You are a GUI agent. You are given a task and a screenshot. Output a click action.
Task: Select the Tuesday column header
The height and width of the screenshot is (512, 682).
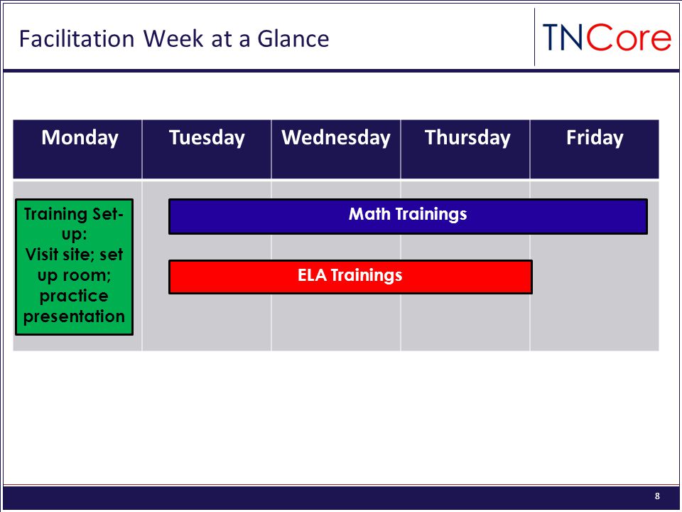[207, 149]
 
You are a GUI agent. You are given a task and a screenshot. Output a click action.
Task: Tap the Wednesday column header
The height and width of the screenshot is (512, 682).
[336, 149]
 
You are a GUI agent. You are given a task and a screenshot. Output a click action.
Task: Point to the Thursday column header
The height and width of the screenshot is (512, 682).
[465, 149]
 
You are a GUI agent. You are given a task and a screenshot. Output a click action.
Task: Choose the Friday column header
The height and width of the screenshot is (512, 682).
[595, 149]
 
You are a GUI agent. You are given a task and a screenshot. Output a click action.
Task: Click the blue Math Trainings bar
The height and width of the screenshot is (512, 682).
[408, 216]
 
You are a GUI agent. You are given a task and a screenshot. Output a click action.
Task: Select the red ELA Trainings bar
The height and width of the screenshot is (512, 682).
[350, 277]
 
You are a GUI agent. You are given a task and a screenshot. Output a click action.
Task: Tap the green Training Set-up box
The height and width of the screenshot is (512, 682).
[74, 267]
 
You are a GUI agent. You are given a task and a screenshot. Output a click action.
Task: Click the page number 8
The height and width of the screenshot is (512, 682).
[657, 496]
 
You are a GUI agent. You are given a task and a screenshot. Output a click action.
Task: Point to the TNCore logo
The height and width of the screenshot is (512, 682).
[607, 38]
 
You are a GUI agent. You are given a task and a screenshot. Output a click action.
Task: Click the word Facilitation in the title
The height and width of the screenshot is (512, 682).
[77, 38]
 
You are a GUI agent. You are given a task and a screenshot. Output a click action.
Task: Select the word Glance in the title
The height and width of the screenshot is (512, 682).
[293, 38]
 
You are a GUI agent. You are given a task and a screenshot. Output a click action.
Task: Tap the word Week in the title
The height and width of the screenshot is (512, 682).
[173, 38]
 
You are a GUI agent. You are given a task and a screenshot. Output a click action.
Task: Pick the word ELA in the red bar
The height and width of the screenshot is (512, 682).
[312, 275]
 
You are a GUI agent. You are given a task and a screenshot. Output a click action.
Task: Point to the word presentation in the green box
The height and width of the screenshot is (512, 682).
[74, 316]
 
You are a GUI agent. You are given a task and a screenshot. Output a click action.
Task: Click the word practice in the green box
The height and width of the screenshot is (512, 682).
[74, 296]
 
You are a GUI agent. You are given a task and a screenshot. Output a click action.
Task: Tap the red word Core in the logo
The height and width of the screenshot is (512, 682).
[629, 38]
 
